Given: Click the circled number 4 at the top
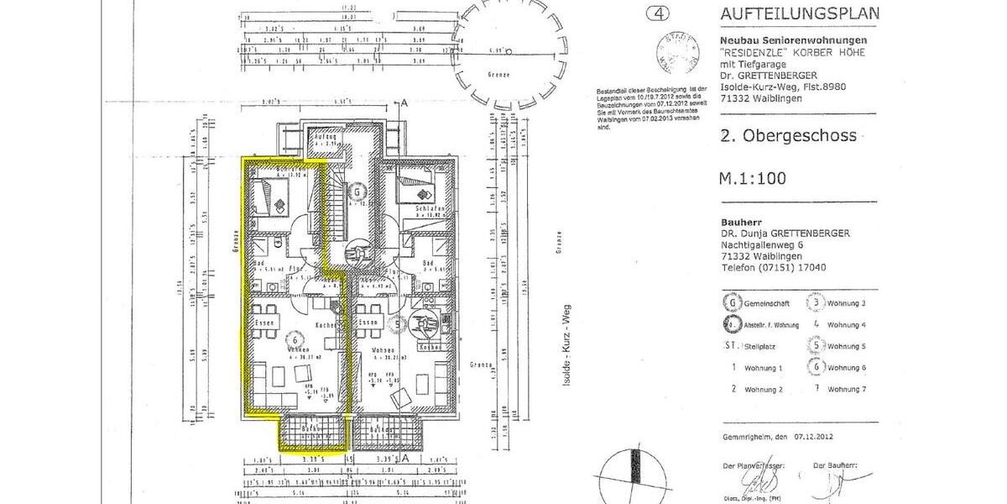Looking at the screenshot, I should pyautogui.click(x=657, y=13).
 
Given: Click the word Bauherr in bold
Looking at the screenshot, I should pyautogui.click(x=739, y=222).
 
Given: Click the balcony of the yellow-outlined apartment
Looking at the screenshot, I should pyautogui.click(x=313, y=433).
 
